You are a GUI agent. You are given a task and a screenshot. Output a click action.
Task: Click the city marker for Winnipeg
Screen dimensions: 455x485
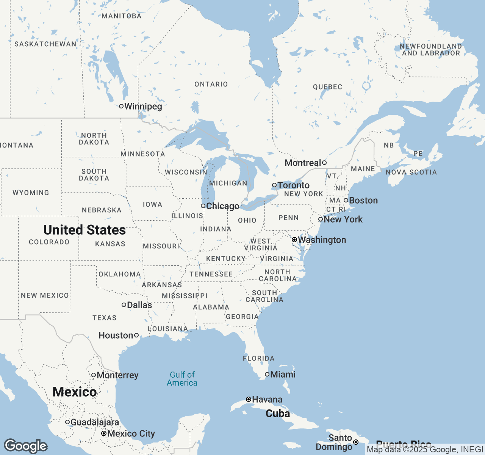tap(121, 106)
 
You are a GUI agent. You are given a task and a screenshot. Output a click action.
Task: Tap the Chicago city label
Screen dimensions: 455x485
tap(222, 206)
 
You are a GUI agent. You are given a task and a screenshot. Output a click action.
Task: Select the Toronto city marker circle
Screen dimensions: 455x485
tap(274, 185)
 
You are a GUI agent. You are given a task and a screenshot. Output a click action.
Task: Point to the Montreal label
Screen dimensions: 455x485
tap(303, 163)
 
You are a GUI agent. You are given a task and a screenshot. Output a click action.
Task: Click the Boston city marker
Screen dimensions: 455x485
tap(346, 200)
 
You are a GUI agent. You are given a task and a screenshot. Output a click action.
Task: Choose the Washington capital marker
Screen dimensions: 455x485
tap(294, 240)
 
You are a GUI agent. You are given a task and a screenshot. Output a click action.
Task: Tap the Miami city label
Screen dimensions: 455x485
tap(283, 375)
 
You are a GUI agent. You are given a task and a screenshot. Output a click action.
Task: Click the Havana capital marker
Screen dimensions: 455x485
tap(249, 399)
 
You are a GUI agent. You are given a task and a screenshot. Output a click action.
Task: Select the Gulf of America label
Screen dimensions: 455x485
tap(182, 379)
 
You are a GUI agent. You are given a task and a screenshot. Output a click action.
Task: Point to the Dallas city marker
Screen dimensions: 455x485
tap(124, 305)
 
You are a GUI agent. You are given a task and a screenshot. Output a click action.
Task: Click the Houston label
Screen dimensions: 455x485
tap(116, 336)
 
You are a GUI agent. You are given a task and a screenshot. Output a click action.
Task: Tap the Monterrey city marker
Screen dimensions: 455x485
tap(94, 375)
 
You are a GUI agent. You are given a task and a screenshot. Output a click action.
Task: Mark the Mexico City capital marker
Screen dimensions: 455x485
tap(104, 433)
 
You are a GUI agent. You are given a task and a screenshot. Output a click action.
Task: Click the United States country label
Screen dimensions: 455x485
tap(84, 230)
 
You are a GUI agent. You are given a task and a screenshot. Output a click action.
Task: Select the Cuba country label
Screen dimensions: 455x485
tap(278, 414)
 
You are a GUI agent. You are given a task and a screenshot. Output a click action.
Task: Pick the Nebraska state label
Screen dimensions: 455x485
tap(102, 210)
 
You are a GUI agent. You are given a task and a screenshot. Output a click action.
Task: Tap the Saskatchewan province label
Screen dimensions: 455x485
tap(45, 44)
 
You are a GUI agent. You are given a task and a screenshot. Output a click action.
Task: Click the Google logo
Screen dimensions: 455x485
tap(26, 446)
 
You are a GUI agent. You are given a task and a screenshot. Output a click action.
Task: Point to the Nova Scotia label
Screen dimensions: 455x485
tap(411, 172)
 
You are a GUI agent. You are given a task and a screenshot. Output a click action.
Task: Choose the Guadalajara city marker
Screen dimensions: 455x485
tap(67, 422)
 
